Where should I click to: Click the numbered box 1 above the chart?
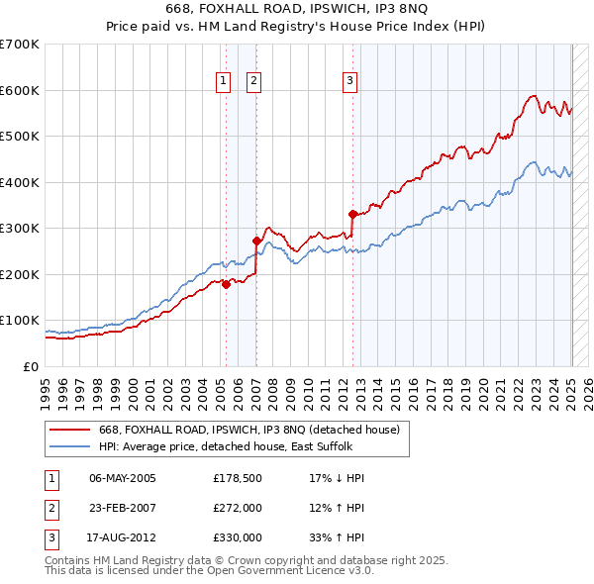pos(223,81)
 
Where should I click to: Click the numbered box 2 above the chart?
pos(254,81)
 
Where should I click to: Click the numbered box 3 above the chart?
pos(350,81)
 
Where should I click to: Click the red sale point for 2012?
pos(352,214)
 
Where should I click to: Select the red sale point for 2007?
pos(256,241)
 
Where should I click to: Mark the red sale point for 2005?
pos(226,284)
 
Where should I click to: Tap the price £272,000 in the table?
pos(238,508)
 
